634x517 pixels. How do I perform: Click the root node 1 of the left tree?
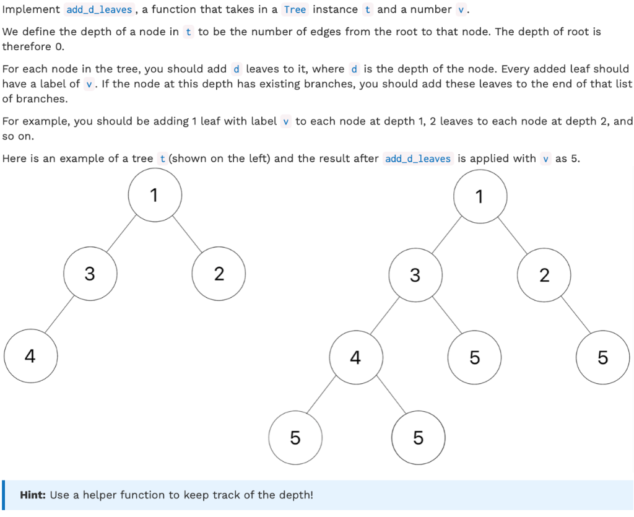[155, 195]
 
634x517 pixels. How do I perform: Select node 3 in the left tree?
[90, 274]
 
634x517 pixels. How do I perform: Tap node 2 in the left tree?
[219, 274]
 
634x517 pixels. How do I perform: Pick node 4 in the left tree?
[30, 356]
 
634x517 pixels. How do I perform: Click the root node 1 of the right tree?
[480, 196]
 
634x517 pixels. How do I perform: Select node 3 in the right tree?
[415, 275]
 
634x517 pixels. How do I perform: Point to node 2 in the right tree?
[544, 275]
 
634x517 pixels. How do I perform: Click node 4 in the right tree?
[355, 357]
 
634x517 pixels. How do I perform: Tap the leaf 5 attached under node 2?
[602, 357]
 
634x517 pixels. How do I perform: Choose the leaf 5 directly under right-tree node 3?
[474, 357]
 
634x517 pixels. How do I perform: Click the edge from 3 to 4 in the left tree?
[59, 315]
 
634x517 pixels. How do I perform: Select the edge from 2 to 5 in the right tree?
[574, 316]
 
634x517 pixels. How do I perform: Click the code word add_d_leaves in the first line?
[99, 10]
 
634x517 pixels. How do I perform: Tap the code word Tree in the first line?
[295, 10]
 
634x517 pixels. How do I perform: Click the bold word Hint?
[33, 495]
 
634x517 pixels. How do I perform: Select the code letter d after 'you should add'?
[237, 69]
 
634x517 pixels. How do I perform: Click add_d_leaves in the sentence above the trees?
[418, 159]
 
